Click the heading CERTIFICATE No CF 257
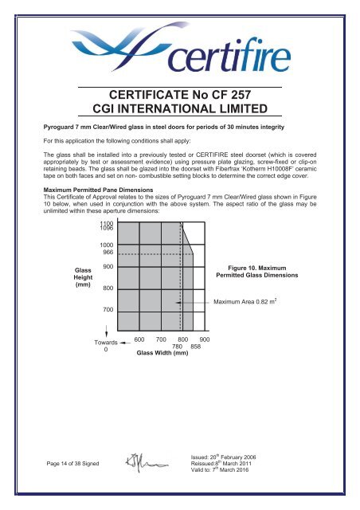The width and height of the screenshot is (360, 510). click(180, 97)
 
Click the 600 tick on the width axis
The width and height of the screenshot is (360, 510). click(139, 339)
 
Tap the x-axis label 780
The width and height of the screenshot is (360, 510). click(179, 347)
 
